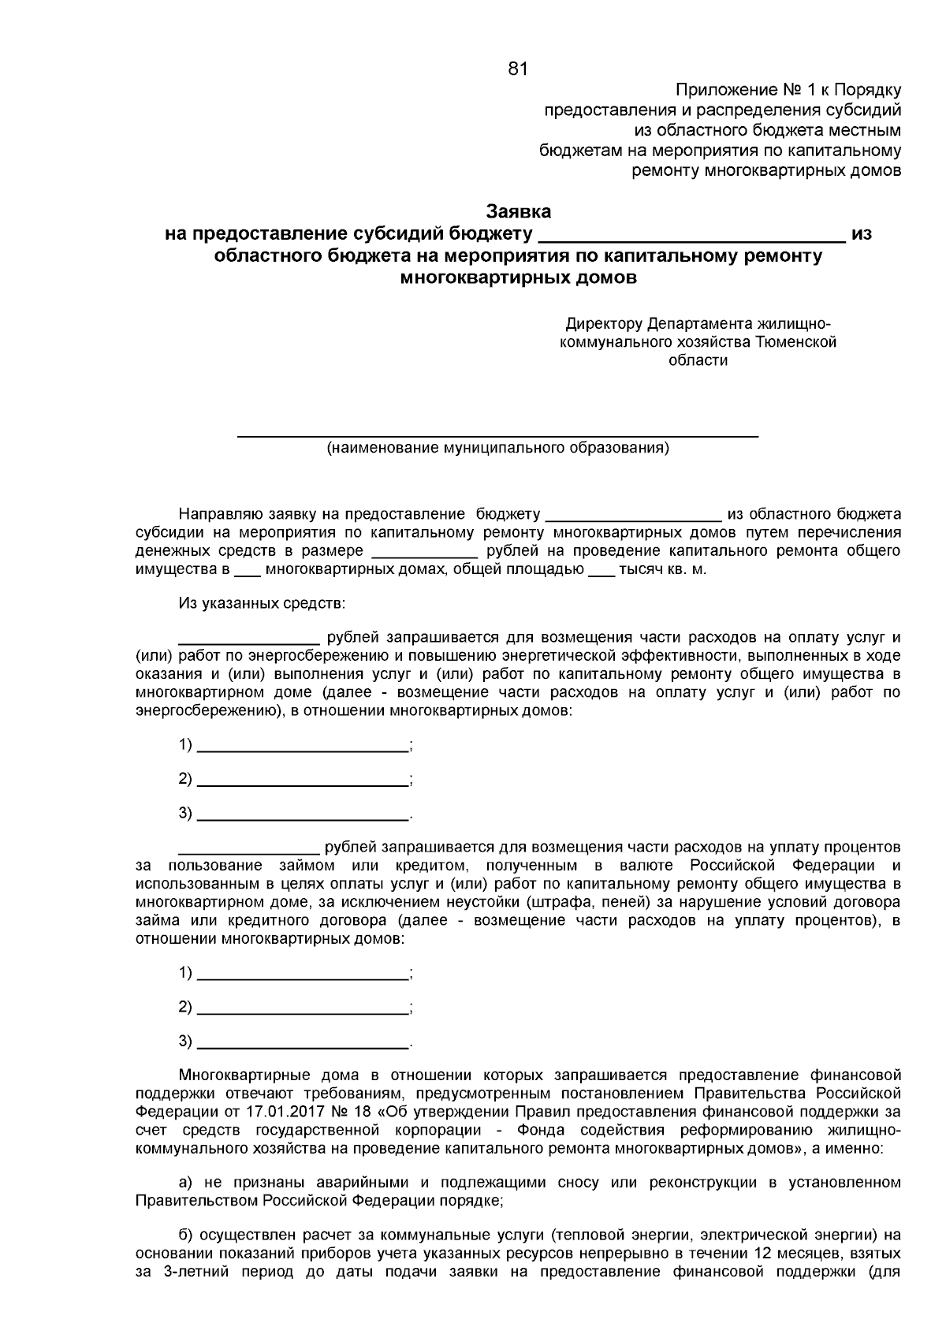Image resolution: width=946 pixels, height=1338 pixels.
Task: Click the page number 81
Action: point(517,69)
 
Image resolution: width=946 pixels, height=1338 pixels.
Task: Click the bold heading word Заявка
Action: point(517,211)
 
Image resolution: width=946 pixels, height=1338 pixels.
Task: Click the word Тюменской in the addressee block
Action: point(795,342)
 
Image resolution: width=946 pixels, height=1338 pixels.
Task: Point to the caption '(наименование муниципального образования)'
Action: point(498,449)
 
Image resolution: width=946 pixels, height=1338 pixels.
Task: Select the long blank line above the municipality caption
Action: point(498,434)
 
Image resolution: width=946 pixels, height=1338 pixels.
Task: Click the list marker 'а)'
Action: point(187,1183)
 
